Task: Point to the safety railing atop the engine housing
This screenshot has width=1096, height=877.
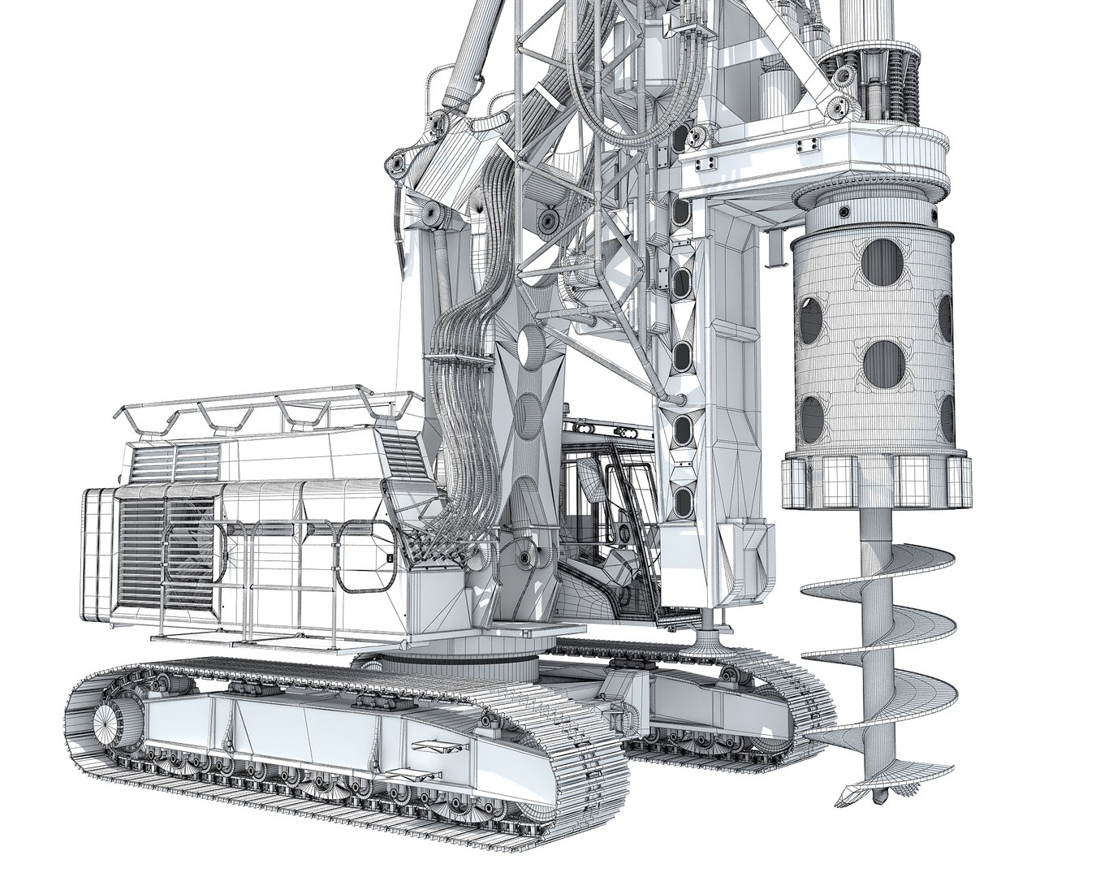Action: click(268, 407)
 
